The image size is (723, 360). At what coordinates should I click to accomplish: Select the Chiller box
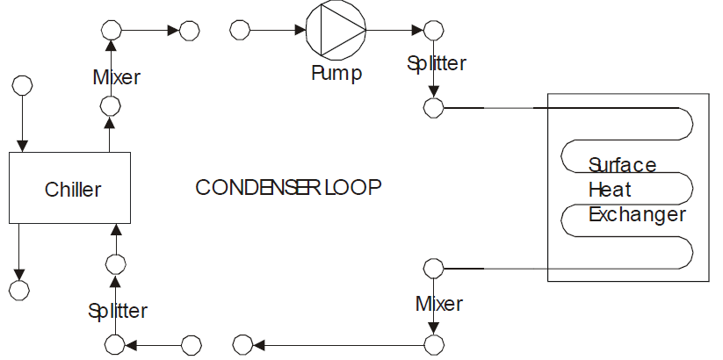pyautogui.click(x=69, y=187)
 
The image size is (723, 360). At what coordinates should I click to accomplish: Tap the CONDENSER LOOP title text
pyautogui.click(x=289, y=187)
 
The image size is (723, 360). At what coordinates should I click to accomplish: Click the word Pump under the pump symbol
pyautogui.click(x=336, y=73)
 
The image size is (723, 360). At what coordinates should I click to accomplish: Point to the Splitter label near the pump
pyautogui.click(x=437, y=63)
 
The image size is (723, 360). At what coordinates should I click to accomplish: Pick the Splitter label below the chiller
pyautogui.click(x=118, y=310)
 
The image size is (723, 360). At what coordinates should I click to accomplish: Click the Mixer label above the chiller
pyautogui.click(x=117, y=76)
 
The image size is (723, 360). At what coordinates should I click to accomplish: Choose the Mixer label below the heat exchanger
pyautogui.click(x=439, y=304)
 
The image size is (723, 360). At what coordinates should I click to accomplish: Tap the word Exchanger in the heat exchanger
pyautogui.click(x=637, y=213)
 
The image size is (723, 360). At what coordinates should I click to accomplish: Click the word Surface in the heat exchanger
pyautogui.click(x=622, y=165)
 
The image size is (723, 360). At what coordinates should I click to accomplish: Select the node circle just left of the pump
pyautogui.click(x=239, y=31)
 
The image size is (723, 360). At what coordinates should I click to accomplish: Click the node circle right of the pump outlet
pyautogui.click(x=432, y=31)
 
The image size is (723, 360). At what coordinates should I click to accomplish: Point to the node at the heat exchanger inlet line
pyautogui.click(x=432, y=107)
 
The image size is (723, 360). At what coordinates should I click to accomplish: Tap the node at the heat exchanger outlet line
pyautogui.click(x=432, y=268)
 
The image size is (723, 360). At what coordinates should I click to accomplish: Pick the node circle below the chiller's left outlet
pyautogui.click(x=18, y=289)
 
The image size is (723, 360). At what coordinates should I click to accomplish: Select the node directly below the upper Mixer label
pyautogui.click(x=111, y=106)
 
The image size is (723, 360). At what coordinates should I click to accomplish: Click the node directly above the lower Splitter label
pyautogui.click(x=115, y=263)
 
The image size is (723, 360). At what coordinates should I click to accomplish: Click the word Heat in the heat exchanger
pyautogui.click(x=610, y=190)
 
